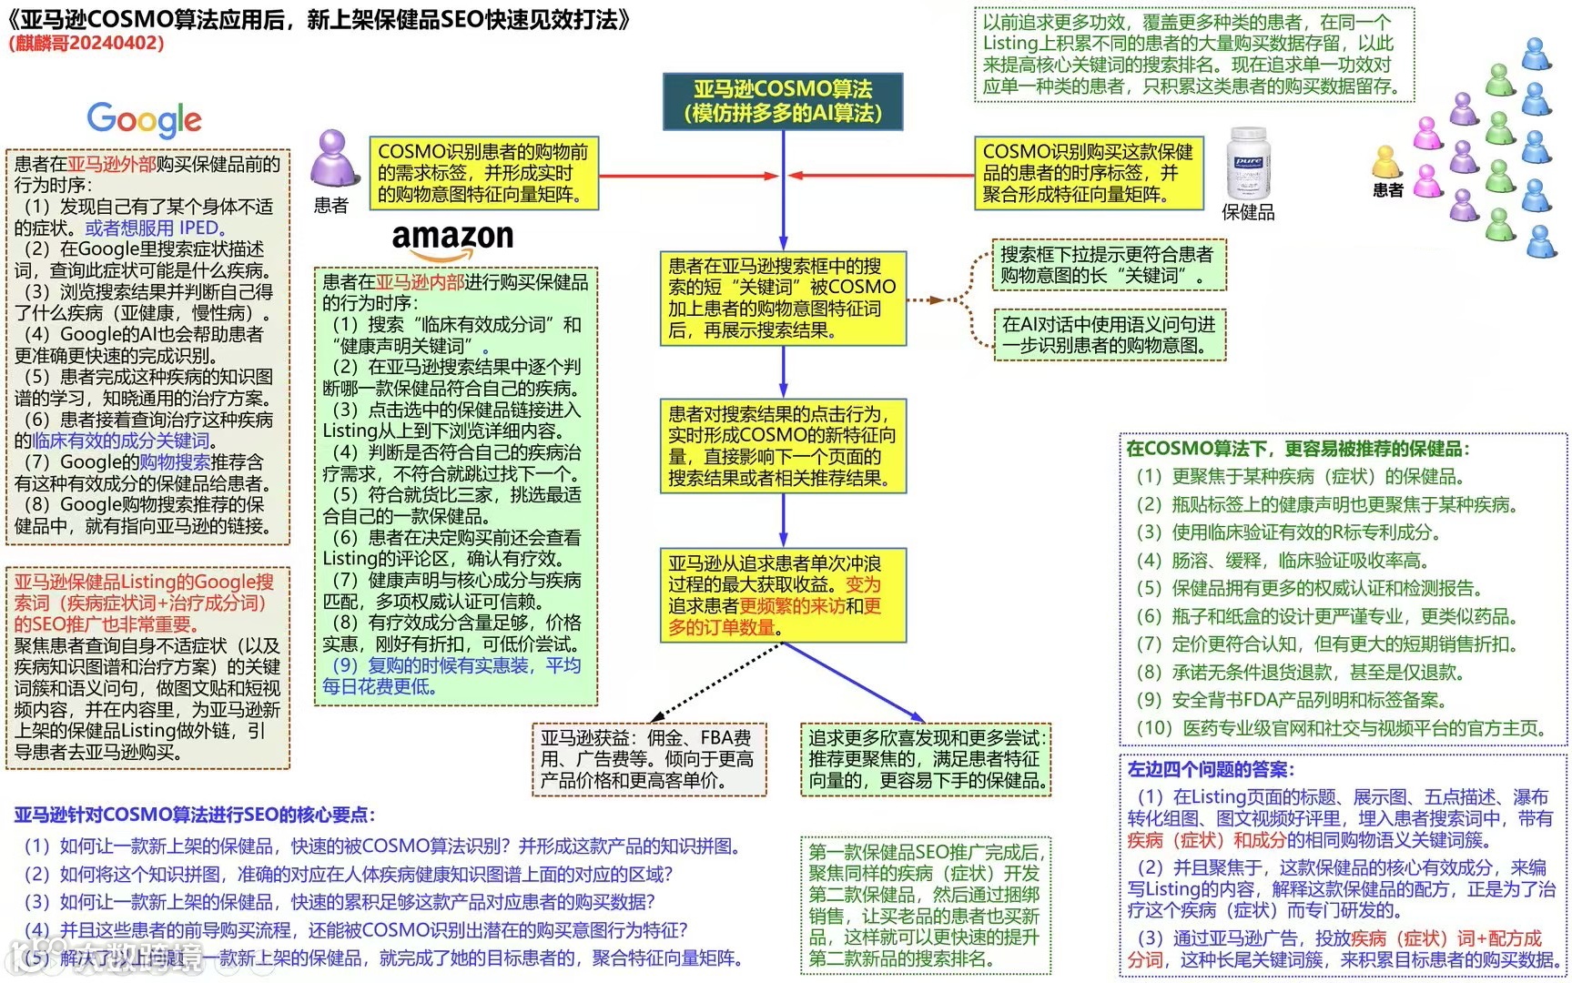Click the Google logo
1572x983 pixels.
[144, 119]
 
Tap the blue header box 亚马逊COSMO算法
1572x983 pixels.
[783, 101]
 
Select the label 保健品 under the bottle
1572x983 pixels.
[1248, 213]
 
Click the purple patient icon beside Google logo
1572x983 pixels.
[330, 159]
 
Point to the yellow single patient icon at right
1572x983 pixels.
[1386, 162]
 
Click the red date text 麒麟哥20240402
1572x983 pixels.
[86, 43]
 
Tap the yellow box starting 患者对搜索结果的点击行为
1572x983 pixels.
[783, 446]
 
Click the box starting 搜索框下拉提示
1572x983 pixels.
[1109, 265]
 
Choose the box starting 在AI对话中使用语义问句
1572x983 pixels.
[1109, 334]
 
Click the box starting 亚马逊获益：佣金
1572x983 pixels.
[648, 759]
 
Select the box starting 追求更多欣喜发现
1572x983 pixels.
[927, 759]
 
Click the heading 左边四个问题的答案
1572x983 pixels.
[1211, 770]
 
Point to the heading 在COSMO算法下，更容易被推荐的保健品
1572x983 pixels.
[1296, 449]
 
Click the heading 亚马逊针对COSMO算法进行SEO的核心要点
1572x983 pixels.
[195, 815]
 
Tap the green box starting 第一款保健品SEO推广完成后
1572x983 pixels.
[925, 905]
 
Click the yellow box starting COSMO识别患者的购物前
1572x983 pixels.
[483, 173]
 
